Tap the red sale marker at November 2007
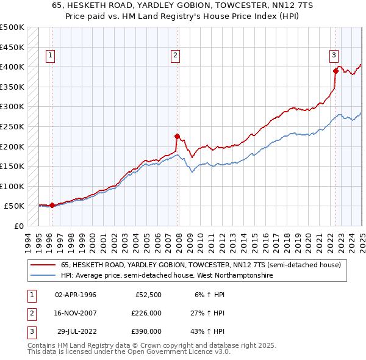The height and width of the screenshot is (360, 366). [x=178, y=136]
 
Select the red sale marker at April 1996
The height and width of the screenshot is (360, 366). [x=52, y=205]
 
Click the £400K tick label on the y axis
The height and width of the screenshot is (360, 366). [x=12, y=67]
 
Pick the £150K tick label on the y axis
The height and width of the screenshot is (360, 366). [x=12, y=166]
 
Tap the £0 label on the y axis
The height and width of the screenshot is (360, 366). [x=18, y=226]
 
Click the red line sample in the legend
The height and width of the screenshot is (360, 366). [x=43, y=265]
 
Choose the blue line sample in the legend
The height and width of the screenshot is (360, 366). [x=43, y=275]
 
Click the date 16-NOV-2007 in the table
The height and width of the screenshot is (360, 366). [x=75, y=313]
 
